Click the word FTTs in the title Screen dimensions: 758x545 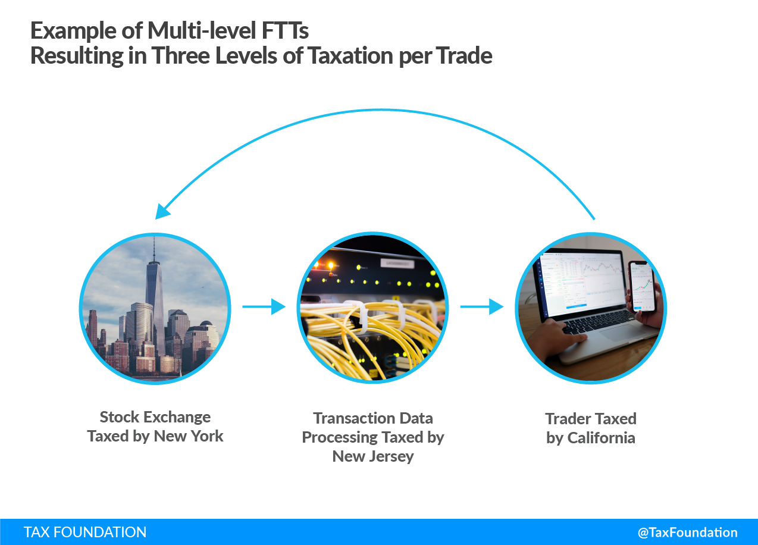click(285, 31)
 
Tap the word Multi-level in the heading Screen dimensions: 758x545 click(202, 31)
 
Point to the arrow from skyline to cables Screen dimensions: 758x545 click(264, 307)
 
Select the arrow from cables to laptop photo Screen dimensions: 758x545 click(482, 307)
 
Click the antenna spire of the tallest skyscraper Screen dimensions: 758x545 click(154, 249)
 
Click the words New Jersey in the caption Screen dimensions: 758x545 click(373, 456)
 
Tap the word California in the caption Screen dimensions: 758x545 click(601, 438)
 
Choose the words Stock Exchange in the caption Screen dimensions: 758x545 click(155, 417)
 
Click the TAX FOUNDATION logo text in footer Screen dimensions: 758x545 click(85, 532)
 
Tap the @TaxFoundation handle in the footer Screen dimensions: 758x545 click(687, 533)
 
